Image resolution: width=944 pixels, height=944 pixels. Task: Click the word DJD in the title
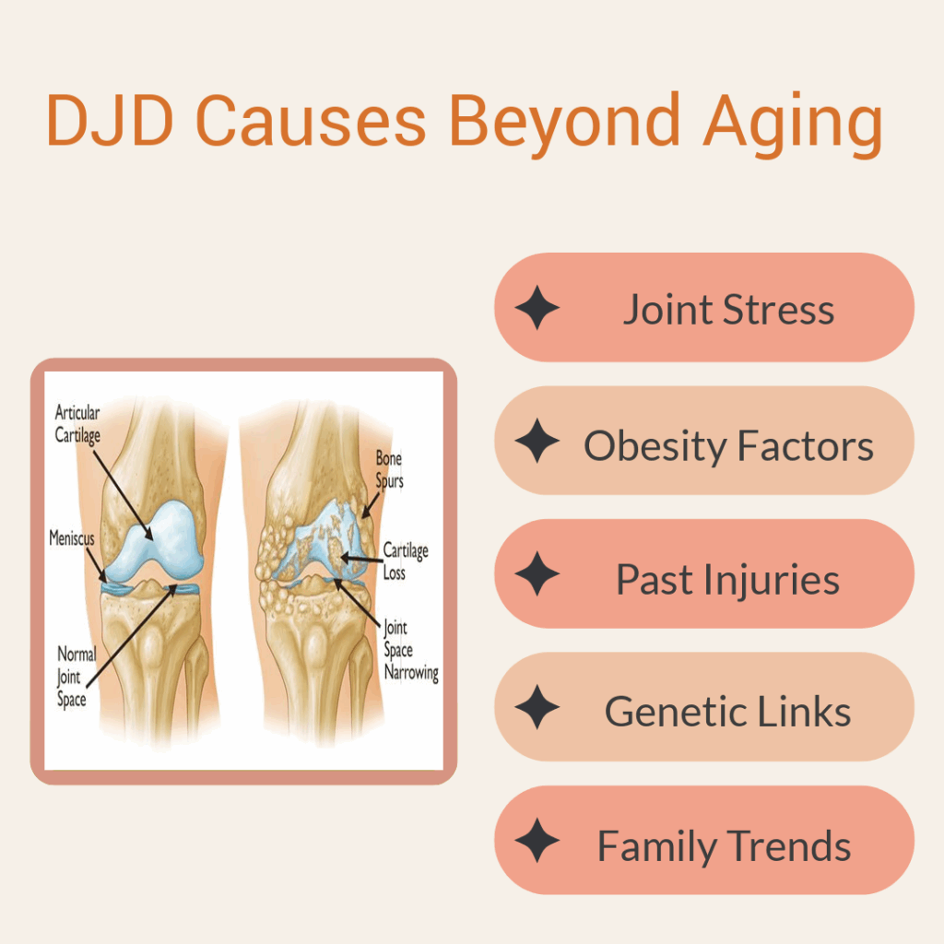(111, 120)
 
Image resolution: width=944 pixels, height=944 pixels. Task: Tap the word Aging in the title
(793, 125)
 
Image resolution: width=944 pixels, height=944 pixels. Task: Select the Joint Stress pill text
(728, 309)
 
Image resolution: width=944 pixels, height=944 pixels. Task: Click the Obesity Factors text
(728, 445)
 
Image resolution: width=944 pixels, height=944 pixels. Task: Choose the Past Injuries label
(728, 579)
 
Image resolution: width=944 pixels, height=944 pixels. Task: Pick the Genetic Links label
(728, 712)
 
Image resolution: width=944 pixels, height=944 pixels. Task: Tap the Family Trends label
(724, 846)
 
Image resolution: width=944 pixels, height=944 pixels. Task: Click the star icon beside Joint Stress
(537, 308)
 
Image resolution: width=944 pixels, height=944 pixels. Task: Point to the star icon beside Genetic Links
(537, 707)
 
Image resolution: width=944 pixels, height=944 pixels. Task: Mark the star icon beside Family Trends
(537, 841)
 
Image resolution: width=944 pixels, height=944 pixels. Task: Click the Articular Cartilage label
(77, 424)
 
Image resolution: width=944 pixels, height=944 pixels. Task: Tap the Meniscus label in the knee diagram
(72, 537)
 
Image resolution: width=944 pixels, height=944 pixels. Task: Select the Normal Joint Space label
(76, 676)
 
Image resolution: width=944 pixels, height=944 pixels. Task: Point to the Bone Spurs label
(390, 469)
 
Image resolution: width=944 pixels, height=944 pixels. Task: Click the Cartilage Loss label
(406, 560)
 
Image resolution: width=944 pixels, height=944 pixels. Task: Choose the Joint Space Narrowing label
(411, 650)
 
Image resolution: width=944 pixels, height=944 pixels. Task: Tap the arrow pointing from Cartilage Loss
(361, 559)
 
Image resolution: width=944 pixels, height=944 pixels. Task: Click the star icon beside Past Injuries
(537, 573)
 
